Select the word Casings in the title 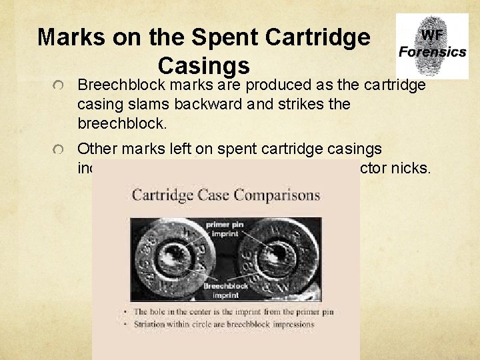coord(204,65)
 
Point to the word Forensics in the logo coord(432,52)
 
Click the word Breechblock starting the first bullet coord(122,85)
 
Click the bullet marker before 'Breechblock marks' coord(59,86)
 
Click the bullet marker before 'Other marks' coord(59,150)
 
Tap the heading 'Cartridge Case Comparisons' coord(225,195)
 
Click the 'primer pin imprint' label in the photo coord(227,229)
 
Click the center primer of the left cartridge coord(175,255)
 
